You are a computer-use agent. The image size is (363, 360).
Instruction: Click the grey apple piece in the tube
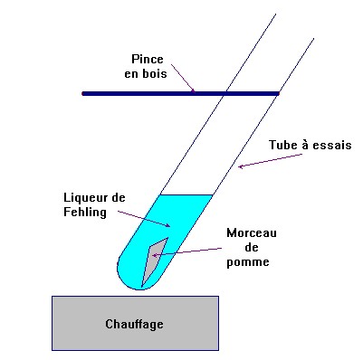(153, 258)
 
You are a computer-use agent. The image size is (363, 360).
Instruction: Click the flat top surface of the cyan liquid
(186, 195)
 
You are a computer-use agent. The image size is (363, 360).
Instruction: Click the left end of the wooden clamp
(84, 93)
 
